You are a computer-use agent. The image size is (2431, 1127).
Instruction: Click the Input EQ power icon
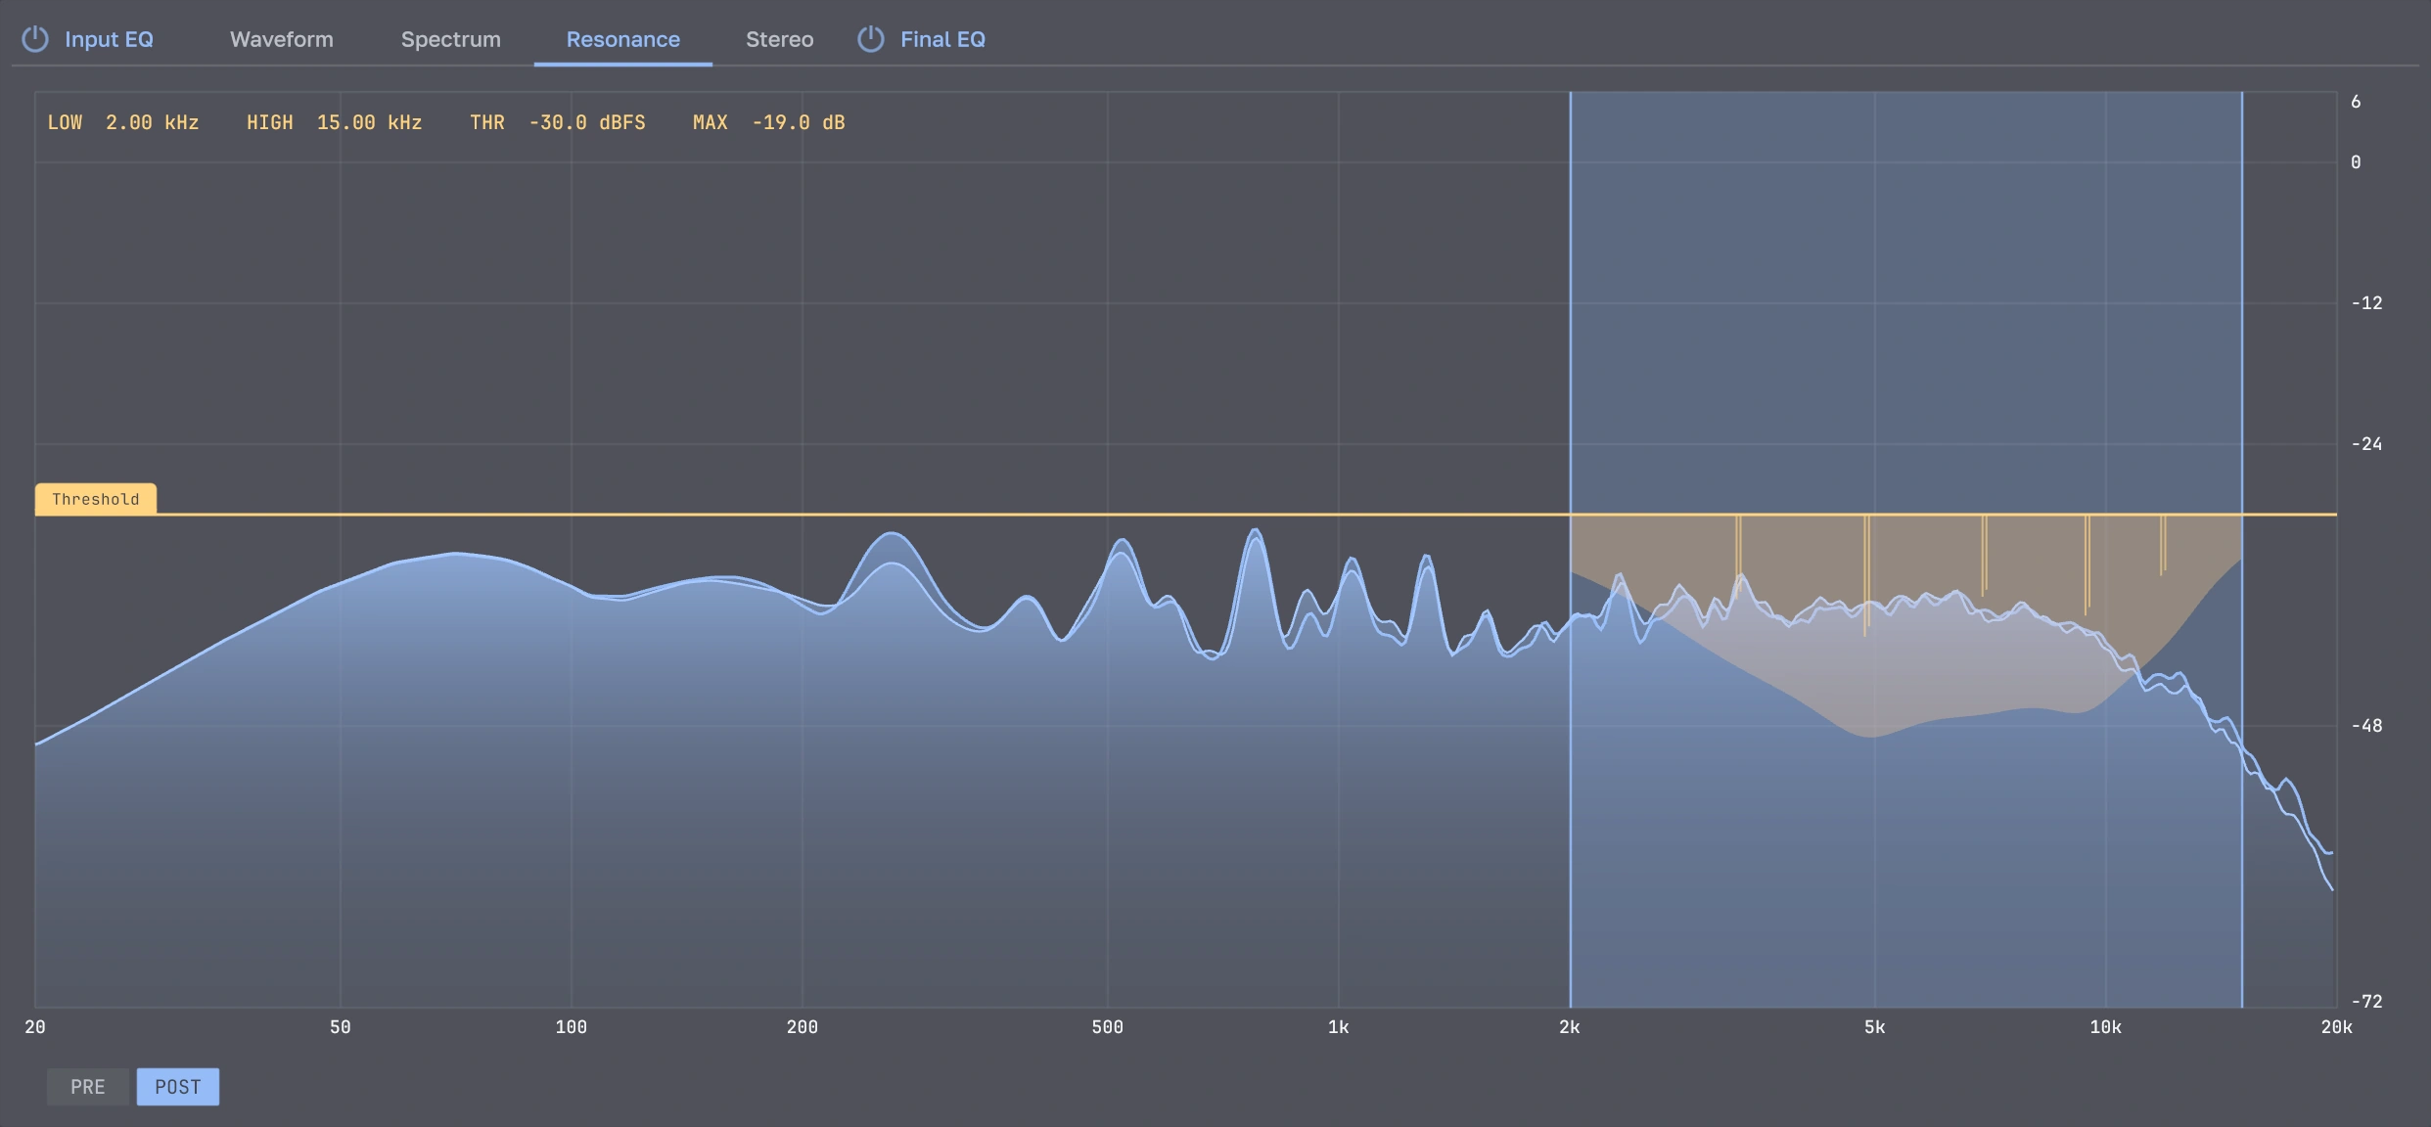[x=35, y=39]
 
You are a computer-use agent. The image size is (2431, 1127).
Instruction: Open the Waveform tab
[x=282, y=39]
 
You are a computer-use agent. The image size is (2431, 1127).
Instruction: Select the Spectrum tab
[x=451, y=39]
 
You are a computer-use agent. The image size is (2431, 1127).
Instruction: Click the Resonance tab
[x=623, y=39]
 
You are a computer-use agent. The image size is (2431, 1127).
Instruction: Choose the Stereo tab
[x=780, y=39]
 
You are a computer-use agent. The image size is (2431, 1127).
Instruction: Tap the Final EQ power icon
[x=871, y=39]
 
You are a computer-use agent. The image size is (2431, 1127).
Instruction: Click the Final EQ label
[x=943, y=39]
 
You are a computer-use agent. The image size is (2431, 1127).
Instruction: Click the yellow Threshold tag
[x=96, y=499]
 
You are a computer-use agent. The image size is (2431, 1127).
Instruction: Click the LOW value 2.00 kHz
[x=153, y=122]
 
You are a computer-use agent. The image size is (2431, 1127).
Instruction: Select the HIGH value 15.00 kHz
[x=370, y=122]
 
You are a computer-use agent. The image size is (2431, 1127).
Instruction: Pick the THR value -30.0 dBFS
[x=587, y=122]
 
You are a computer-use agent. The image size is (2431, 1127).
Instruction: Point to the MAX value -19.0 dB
[x=799, y=122]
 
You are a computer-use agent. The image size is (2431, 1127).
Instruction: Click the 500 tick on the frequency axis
[x=1108, y=1027]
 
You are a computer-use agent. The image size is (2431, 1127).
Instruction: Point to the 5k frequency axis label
[x=1875, y=1027]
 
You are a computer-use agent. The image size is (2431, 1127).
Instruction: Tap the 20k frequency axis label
[x=2337, y=1027]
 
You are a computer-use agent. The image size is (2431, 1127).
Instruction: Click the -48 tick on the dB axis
[x=2367, y=726]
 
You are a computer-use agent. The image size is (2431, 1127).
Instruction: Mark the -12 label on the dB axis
[x=2367, y=303]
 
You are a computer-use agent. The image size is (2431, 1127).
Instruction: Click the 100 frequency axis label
[x=572, y=1027]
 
